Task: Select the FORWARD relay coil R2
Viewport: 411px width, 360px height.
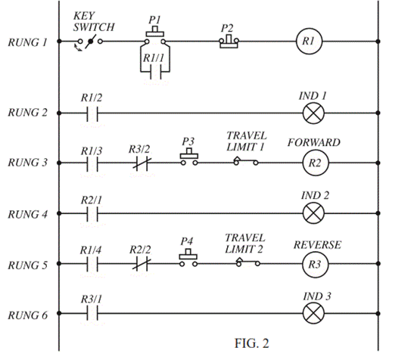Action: click(313, 163)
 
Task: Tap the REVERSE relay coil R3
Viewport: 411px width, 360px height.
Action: click(313, 265)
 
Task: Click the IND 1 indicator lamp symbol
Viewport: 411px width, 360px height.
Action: click(313, 114)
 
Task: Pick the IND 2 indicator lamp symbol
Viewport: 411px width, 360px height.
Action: click(313, 215)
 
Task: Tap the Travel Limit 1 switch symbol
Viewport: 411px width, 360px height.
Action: click(245, 161)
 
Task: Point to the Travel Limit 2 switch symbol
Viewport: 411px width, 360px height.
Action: click(245, 263)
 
